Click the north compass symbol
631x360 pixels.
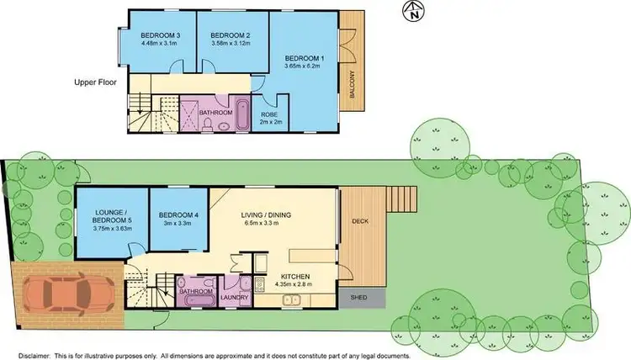pos(413,11)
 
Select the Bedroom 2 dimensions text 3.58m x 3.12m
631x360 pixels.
pos(231,43)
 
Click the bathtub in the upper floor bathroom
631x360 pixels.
pos(241,114)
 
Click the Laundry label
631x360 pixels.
pos(231,297)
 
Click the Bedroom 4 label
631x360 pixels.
pos(178,215)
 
